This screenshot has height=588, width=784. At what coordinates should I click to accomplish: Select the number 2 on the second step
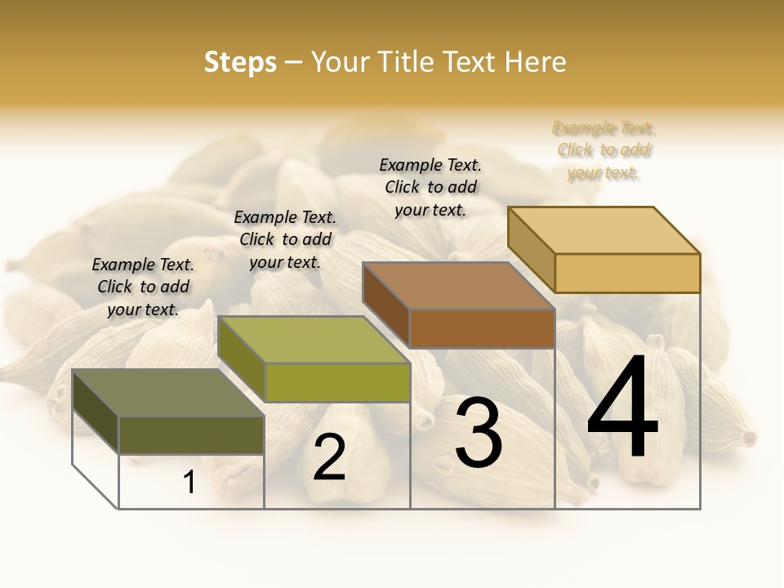pos(329,457)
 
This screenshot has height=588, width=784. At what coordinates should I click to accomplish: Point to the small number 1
pos(189,483)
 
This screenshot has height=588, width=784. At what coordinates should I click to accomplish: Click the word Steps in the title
pos(240,62)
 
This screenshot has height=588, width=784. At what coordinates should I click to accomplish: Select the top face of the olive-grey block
pos(167,392)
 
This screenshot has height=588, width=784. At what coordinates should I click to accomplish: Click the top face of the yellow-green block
pos(314,340)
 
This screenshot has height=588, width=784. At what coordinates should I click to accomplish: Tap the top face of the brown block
pos(458,286)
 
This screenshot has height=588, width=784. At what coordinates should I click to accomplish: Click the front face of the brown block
pos(482,328)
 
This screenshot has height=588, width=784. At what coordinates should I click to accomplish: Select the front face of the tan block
pos(627,273)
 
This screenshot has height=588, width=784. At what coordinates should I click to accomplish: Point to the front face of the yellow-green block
pos(337,382)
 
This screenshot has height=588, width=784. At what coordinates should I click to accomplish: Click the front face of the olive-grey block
pos(191,434)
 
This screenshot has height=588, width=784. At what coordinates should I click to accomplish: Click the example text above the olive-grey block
pos(143,287)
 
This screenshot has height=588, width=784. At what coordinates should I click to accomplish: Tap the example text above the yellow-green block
pos(285,239)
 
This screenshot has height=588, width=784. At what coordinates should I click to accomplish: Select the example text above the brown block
pos(430,187)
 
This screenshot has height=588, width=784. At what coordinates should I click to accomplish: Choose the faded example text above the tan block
pos(604,150)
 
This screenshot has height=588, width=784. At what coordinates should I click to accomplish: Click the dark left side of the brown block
pos(385,304)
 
